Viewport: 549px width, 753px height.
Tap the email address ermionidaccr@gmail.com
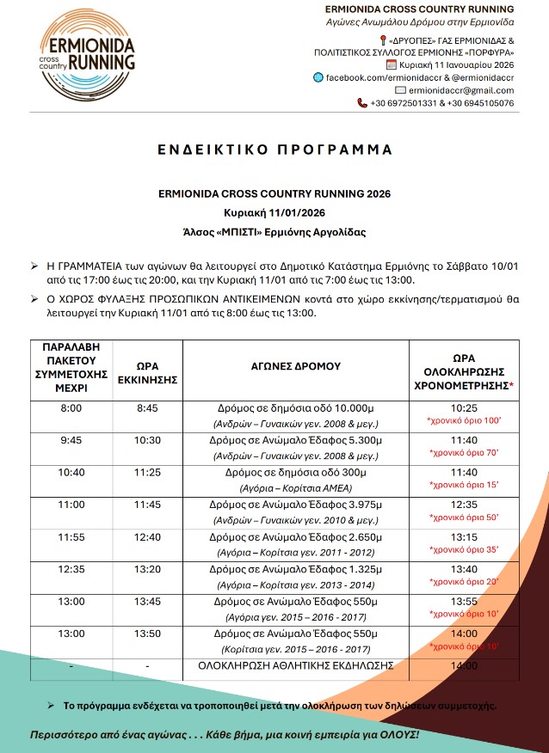pos(461,89)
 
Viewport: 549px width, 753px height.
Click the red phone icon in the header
pos(362,103)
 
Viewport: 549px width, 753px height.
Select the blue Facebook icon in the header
pos(319,77)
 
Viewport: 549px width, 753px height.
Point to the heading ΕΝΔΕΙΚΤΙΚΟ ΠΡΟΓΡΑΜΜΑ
pos(274,150)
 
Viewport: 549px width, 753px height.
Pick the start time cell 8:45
pos(147,409)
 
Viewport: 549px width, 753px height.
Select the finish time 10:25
pos(464,409)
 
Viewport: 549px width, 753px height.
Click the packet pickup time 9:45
pos(71,440)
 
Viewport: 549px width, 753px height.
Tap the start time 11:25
pos(147,472)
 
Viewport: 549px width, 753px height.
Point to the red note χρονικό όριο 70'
pos(464,451)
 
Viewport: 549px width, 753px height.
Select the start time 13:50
pos(147,633)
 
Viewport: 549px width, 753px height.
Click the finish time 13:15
pos(464,536)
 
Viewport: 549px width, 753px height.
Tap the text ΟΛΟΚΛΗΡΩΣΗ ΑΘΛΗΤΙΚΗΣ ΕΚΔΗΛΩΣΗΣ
pos(296,665)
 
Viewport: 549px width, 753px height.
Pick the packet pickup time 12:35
pos(71,568)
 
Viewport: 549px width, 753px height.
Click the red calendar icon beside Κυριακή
pos(392,64)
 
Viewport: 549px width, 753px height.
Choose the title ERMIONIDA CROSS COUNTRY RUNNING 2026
pos(274,194)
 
